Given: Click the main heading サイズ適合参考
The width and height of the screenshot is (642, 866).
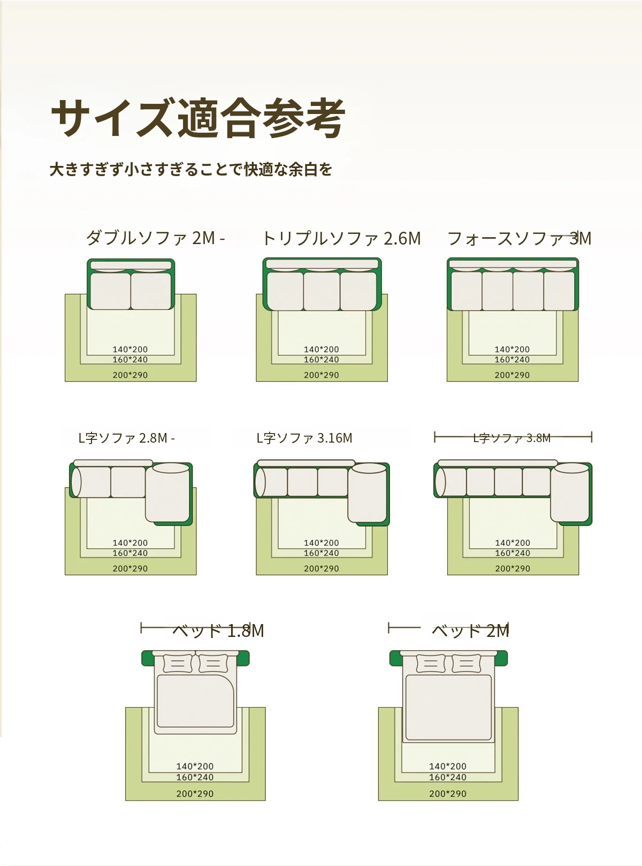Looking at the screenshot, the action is tap(198, 118).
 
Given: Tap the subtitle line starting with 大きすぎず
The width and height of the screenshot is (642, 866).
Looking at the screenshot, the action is tap(191, 170).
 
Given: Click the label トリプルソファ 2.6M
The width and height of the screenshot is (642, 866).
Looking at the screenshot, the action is tap(341, 238).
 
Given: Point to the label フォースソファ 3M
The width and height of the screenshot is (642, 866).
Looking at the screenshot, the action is tap(519, 238).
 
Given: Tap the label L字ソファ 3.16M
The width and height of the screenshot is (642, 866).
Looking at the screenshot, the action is tap(304, 438).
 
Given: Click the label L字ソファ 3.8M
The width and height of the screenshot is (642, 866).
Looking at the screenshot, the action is tap(511, 438).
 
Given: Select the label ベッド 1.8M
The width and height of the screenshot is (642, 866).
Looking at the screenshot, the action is tap(218, 630).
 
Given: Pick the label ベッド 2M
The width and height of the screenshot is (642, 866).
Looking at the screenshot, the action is tap(470, 630).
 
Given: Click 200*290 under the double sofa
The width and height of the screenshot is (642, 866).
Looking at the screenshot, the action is tap(131, 375).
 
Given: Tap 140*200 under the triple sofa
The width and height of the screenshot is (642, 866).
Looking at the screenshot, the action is tap(322, 349).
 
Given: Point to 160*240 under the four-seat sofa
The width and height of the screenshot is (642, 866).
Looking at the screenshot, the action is tap(512, 359).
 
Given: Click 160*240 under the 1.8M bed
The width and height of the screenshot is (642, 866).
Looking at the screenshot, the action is tap(195, 777).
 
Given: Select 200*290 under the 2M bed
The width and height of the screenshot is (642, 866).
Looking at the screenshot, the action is tap(448, 793).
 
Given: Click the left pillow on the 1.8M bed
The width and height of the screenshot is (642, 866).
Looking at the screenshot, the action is tap(178, 663).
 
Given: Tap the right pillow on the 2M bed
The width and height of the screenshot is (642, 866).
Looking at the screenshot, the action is tap(466, 663).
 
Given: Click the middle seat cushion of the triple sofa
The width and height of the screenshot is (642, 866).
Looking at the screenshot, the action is tap(322, 291).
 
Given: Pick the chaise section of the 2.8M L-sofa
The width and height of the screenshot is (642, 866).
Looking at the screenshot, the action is tap(167, 493).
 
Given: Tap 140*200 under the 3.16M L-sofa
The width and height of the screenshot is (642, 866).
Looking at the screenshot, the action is tap(322, 543).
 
